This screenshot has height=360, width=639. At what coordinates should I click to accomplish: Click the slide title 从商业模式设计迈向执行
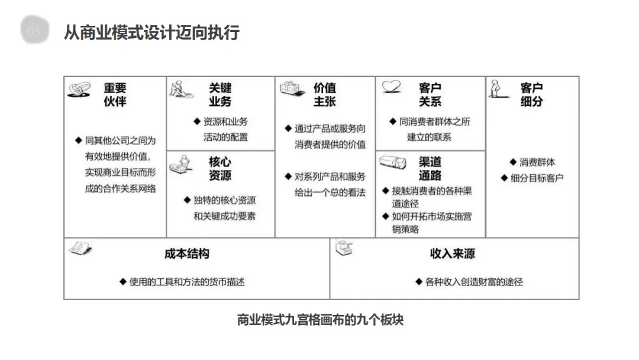151,32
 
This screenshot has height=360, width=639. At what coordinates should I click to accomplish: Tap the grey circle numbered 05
35,31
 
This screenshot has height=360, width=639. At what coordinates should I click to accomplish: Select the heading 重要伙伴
115,95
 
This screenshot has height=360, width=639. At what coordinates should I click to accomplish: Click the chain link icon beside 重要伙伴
79,89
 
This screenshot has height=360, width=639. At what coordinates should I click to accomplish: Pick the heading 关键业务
220,95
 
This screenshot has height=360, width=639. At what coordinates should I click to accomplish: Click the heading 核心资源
220,168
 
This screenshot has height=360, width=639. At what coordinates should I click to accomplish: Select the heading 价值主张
324,95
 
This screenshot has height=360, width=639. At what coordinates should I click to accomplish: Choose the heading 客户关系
430,95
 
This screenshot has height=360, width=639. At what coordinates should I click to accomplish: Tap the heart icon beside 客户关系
391,87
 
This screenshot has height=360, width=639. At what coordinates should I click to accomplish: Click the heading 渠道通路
430,168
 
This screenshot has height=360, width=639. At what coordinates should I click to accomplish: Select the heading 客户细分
531,95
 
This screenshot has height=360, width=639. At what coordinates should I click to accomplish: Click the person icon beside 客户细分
497,89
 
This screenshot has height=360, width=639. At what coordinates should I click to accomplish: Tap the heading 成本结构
186,254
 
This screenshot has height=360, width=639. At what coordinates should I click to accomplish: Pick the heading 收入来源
452,254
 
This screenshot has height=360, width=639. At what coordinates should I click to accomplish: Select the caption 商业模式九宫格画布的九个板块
320,320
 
